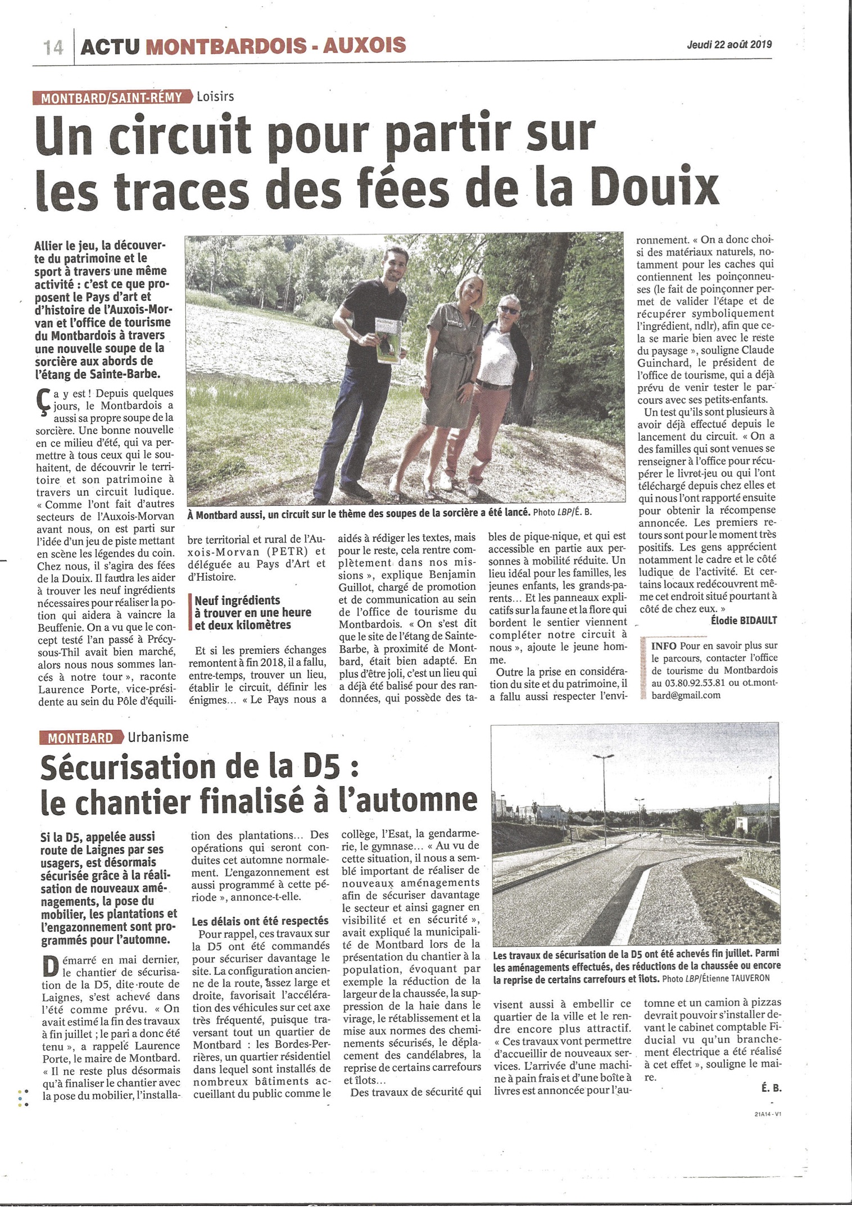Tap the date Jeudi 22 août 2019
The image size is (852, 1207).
(729, 45)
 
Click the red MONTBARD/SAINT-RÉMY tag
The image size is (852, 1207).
(111, 97)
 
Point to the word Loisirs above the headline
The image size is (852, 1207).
(215, 97)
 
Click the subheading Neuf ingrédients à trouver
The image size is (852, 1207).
(252, 612)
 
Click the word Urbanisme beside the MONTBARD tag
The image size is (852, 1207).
(158, 737)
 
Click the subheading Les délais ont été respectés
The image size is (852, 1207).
(260, 921)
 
